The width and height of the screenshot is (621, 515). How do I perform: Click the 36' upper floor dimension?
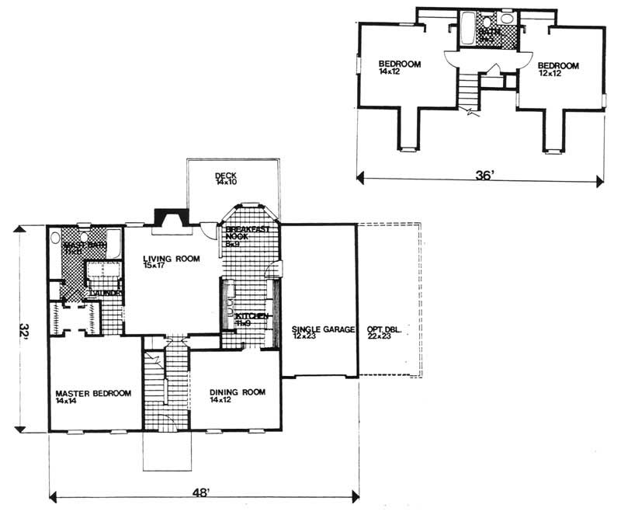coord(483,176)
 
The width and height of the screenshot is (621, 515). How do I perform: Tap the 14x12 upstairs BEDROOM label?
coord(399,68)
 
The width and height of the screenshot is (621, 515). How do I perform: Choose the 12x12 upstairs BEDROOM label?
coord(559,68)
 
